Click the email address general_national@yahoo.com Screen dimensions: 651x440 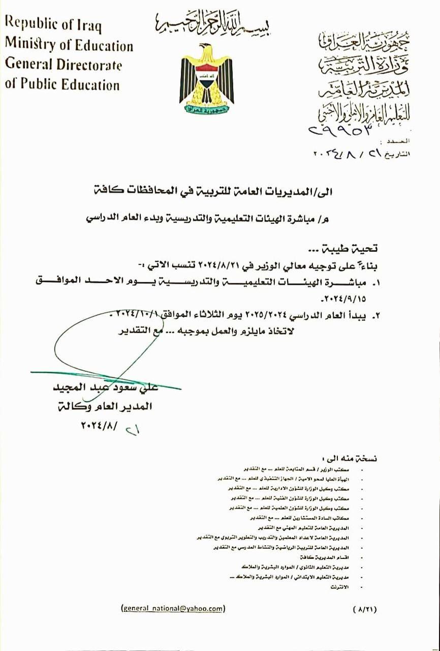tap(173, 608)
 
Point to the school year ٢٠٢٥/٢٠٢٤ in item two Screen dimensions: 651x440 tap(260, 315)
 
